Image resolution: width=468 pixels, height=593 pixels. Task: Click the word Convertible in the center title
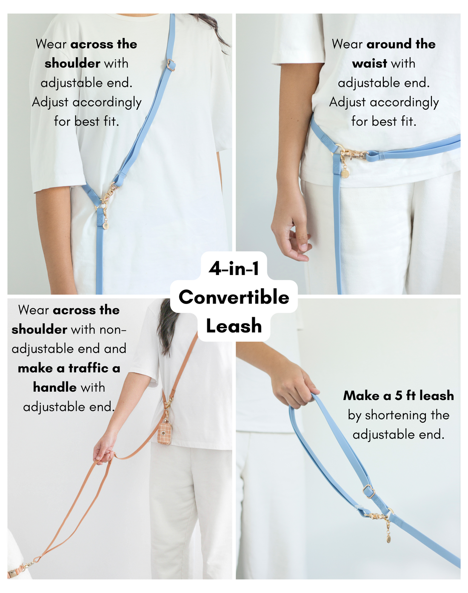234,297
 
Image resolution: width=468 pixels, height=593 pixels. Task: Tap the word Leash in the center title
234,326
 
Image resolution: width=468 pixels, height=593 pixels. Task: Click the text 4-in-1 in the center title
234,268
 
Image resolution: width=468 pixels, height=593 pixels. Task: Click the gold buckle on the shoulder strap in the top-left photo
171,65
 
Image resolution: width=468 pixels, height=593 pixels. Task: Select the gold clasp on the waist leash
353,154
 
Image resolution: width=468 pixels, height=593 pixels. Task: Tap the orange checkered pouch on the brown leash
165,433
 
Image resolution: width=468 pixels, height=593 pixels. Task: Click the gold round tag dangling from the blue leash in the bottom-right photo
389,538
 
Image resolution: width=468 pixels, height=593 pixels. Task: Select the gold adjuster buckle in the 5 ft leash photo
369,493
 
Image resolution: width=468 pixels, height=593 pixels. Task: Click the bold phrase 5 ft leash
424,395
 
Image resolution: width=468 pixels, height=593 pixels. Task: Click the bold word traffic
88,368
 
